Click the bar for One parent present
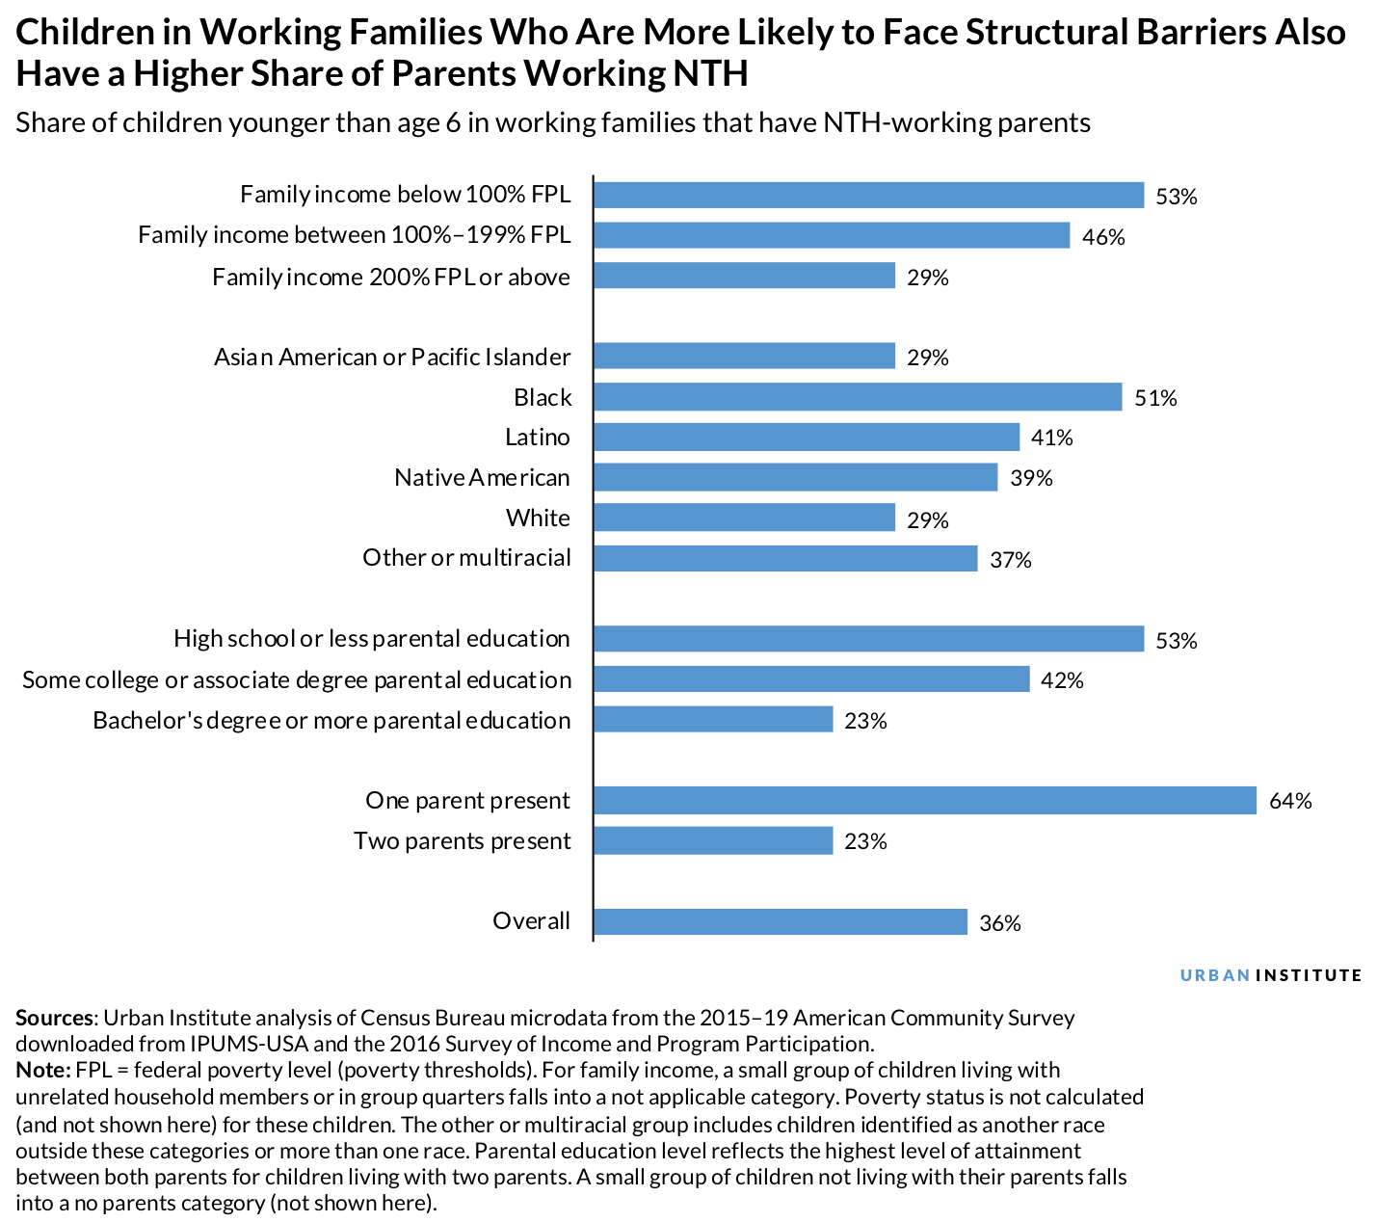925,800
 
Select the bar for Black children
858,397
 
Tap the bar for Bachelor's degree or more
713,719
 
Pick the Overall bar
781,921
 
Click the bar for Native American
795,477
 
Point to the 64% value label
1290,801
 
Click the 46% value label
1103,236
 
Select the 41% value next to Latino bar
1051,438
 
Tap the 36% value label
999,922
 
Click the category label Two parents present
463,840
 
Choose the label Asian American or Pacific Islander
392,357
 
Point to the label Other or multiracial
466,558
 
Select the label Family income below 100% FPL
405,195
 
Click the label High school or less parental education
372,638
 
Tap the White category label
538,518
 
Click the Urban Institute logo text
1271,975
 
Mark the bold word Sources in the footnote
55,1018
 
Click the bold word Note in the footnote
42,1070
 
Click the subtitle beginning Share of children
553,122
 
